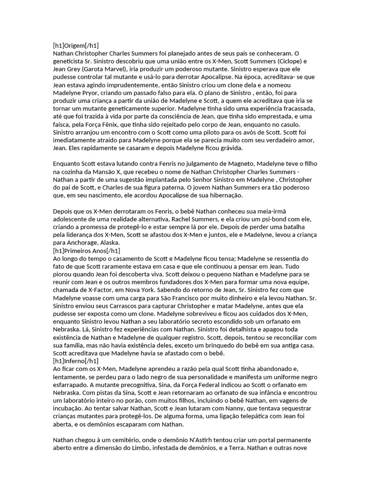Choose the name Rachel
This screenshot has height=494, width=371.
coord(189,220)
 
